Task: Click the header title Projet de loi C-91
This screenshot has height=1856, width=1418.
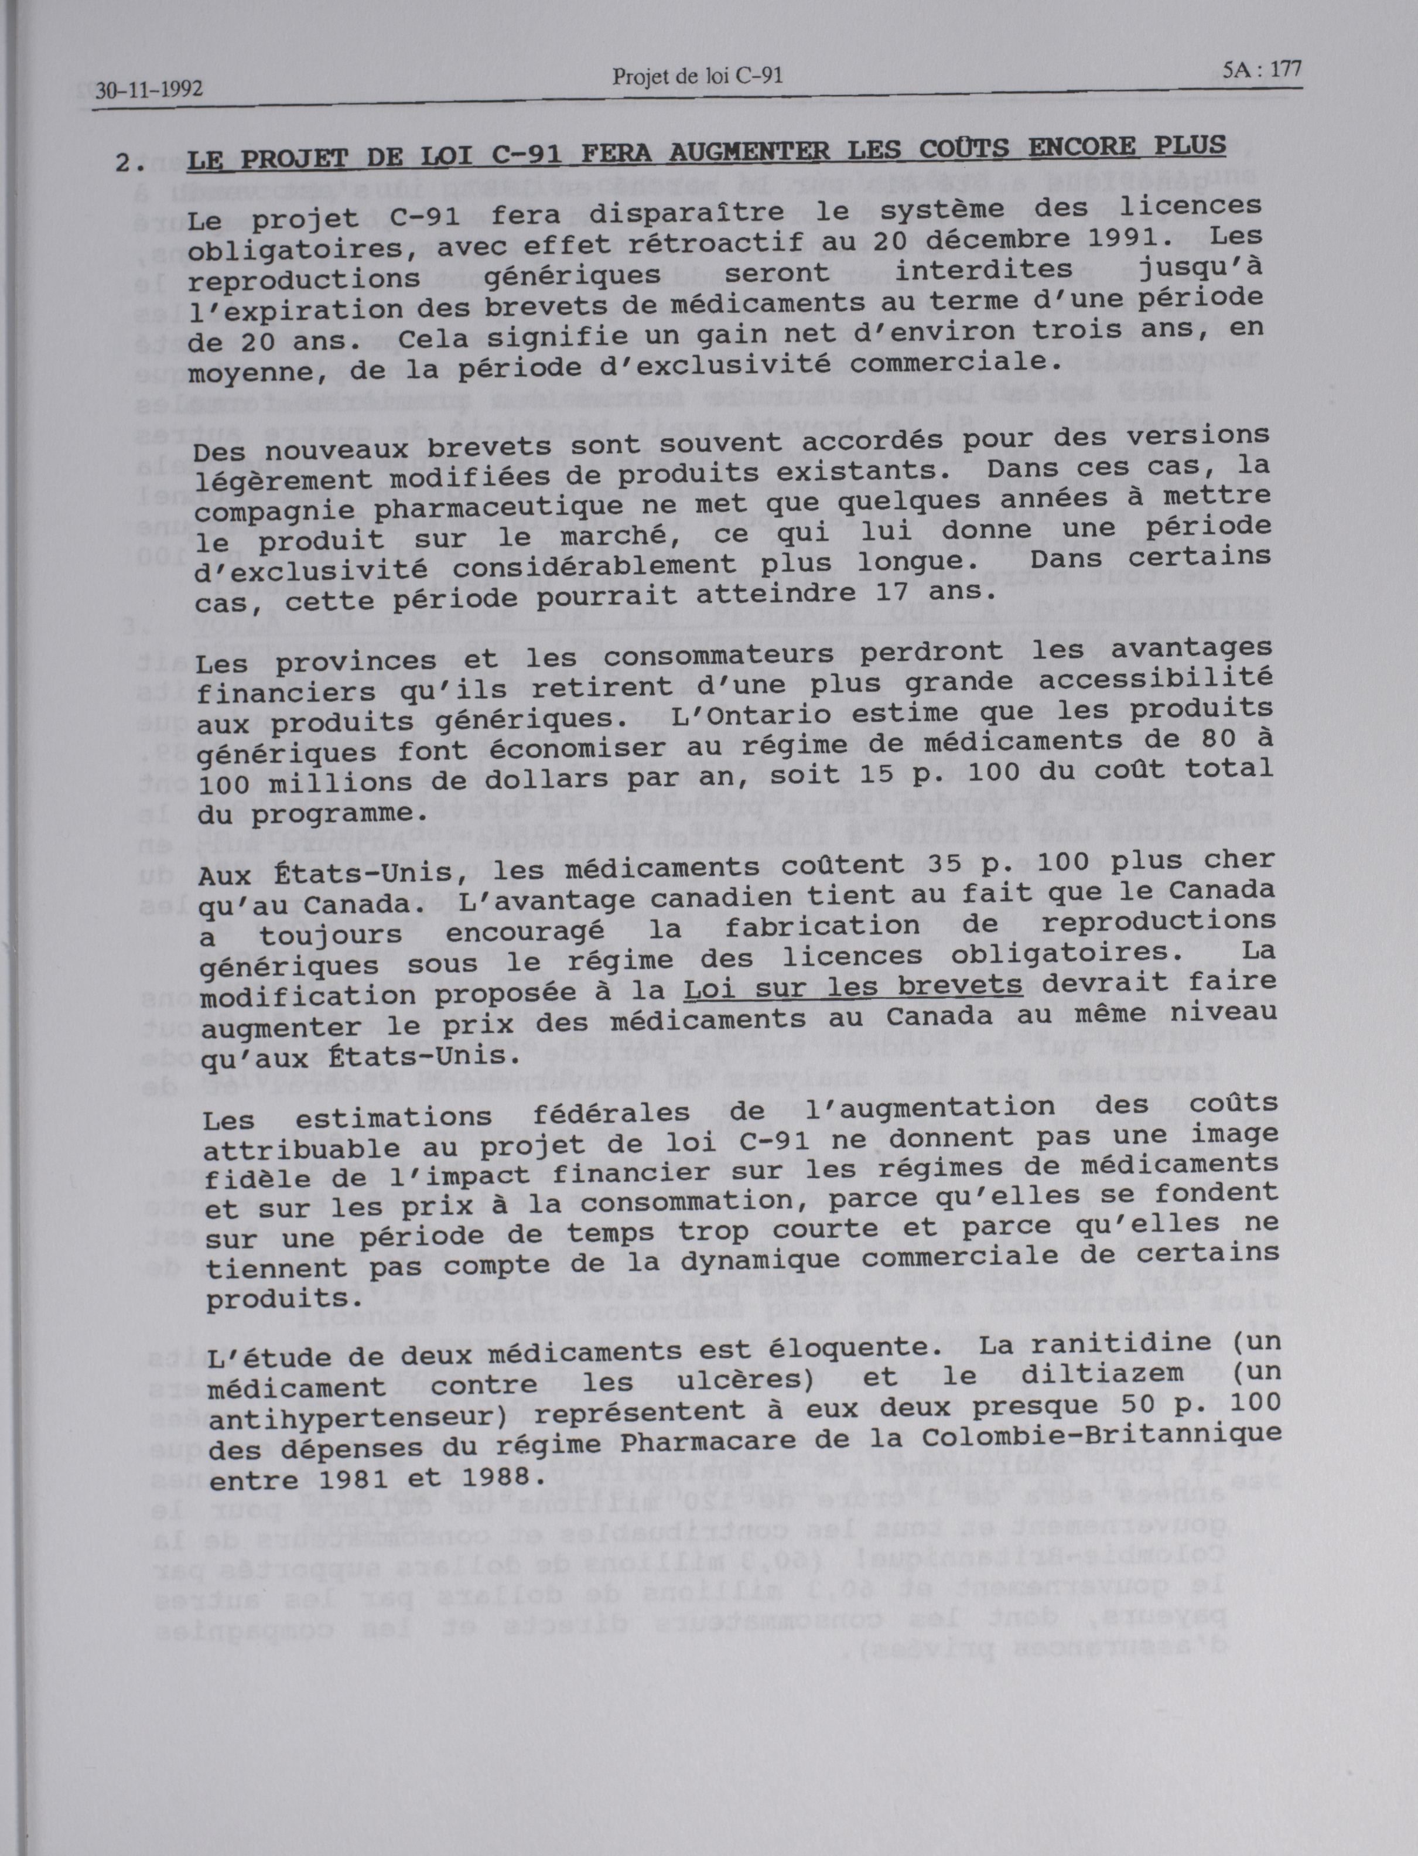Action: tap(697, 77)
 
